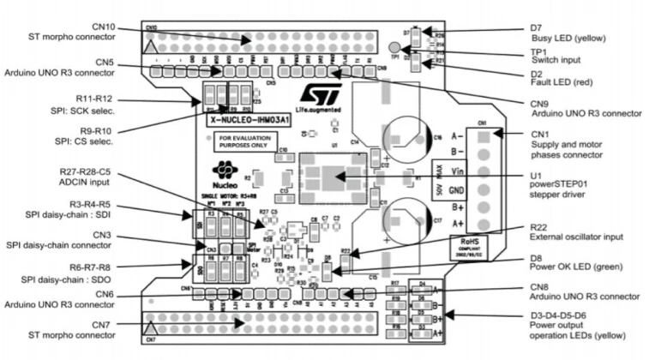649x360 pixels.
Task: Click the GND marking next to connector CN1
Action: point(457,190)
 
